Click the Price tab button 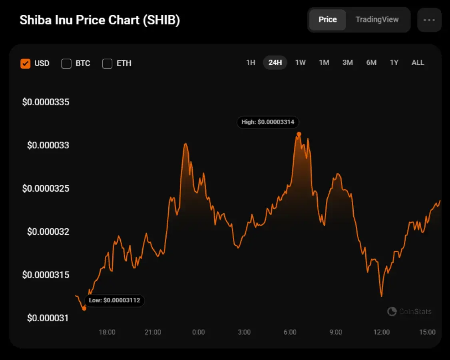click(x=327, y=20)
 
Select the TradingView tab click(x=377, y=20)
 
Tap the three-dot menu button click(x=429, y=20)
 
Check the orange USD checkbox click(x=26, y=63)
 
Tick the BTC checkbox click(x=66, y=63)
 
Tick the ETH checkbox click(x=108, y=63)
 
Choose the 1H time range click(x=251, y=62)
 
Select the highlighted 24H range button click(x=275, y=62)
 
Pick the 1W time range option click(x=300, y=62)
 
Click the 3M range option click(x=347, y=62)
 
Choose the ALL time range click(x=418, y=62)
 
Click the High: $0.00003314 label click(x=268, y=122)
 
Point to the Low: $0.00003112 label click(x=114, y=300)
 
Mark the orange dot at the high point click(x=299, y=134)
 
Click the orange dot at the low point click(x=84, y=308)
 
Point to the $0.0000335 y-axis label click(x=46, y=102)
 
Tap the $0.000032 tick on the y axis click(x=48, y=232)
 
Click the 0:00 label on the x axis click(x=198, y=332)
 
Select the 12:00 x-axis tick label click(x=381, y=332)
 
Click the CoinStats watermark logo click(x=392, y=311)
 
